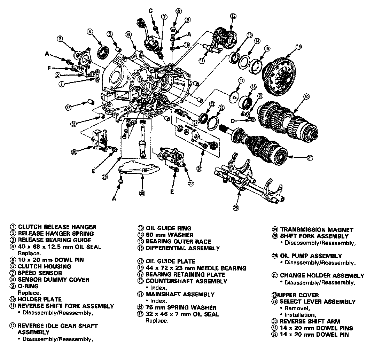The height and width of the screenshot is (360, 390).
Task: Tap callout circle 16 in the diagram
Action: [298, 46]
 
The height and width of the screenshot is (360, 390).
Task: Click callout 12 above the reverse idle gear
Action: [233, 16]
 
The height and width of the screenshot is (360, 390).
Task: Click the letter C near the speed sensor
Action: [151, 11]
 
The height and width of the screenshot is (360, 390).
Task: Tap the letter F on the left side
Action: [49, 68]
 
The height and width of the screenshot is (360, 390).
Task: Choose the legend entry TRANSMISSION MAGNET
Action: [316, 230]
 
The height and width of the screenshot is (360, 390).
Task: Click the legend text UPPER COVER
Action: [296, 295]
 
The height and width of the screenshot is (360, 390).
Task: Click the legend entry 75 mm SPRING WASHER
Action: [181, 307]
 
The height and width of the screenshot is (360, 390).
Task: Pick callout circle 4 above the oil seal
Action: [89, 32]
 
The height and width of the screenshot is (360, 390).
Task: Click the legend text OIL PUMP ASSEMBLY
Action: [311, 256]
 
